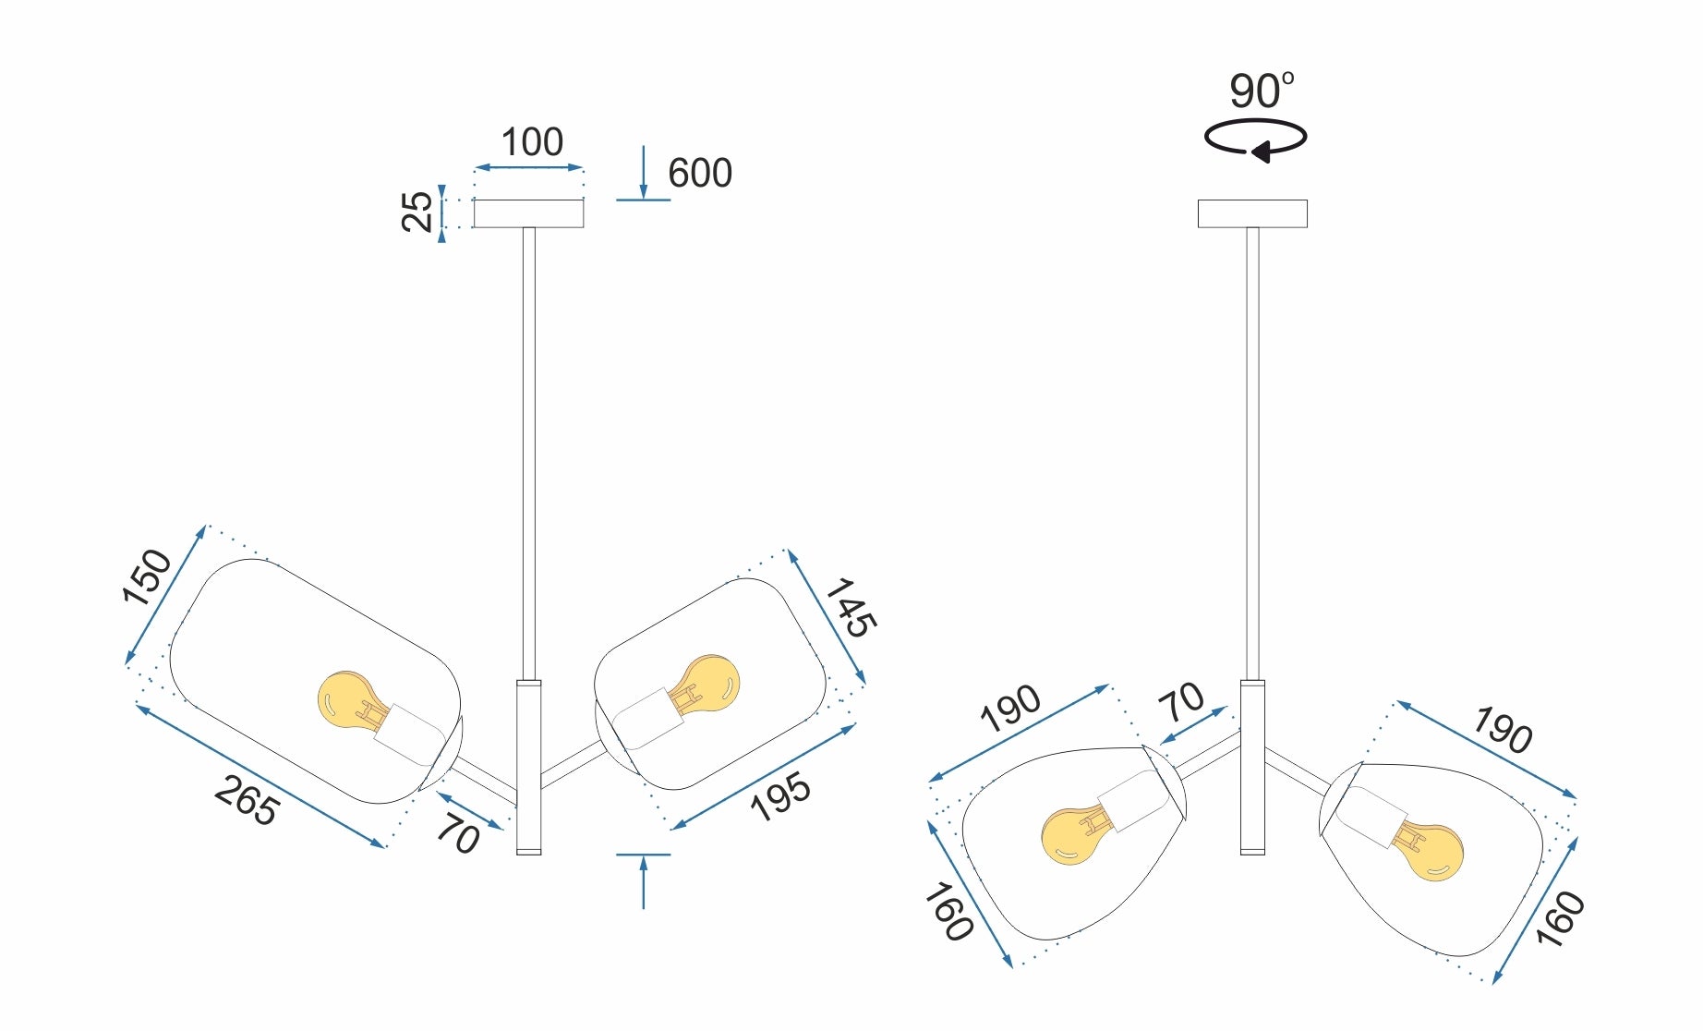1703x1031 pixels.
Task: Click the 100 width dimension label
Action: pyautogui.click(x=532, y=143)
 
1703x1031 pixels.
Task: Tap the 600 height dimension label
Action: pyautogui.click(x=699, y=174)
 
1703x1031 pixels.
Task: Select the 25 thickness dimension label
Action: pyautogui.click(x=417, y=212)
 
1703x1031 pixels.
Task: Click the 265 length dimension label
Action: pyautogui.click(x=247, y=801)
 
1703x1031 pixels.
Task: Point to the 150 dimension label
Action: pyautogui.click(x=148, y=577)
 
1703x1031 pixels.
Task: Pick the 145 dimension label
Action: pyautogui.click(x=850, y=608)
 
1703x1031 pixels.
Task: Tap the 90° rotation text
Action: pyautogui.click(x=1261, y=91)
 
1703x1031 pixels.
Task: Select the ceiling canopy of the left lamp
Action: pyautogui.click(x=528, y=213)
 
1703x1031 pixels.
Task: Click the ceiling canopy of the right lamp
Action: pyautogui.click(x=1252, y=213)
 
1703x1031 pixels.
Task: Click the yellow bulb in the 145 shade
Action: pyautogui.click(x=709, y=684)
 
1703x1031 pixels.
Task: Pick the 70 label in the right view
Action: pyautogui.click(x=1182, y=702)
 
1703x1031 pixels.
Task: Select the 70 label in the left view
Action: pyautogui.click(x=458, y=834)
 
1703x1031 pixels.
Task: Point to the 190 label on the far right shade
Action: pyautogui.click(x=1503, y=730)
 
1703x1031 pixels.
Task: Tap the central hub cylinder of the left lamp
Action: pyautogui.click(x=529, y=767)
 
